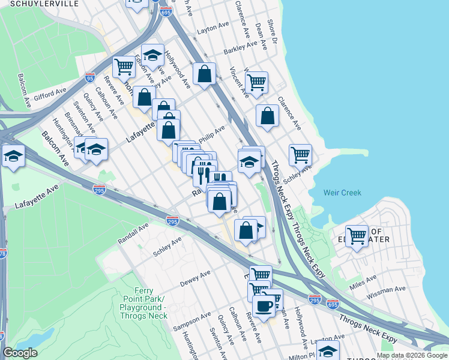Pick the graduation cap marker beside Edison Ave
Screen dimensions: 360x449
(152, 56)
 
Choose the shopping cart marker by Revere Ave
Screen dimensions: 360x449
(124, 66)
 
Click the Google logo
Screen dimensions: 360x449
(20, 352)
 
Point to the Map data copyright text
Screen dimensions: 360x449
(411, 355)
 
